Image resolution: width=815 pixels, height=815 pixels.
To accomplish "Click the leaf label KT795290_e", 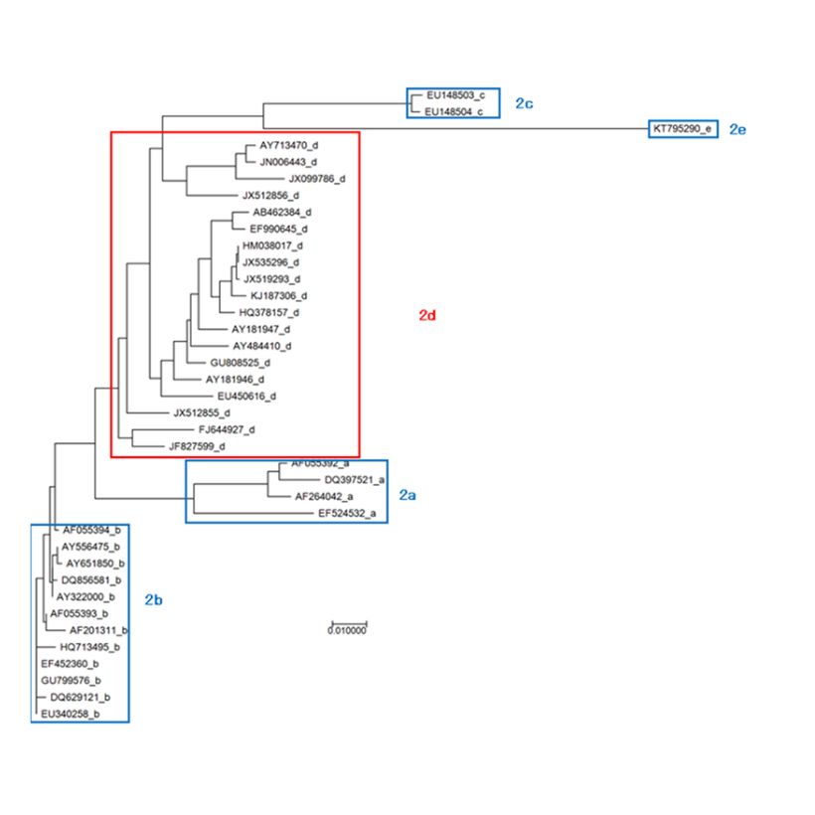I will click(x=681, y=129).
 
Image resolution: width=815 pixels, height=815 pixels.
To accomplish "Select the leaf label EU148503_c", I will click(x=455, y=95).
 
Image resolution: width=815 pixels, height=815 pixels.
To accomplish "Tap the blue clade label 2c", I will click(x=525, y=103).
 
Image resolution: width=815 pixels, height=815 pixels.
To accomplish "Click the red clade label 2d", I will click(x=427, y=315).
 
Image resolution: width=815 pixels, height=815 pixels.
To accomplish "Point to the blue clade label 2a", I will click(x=407, y=495).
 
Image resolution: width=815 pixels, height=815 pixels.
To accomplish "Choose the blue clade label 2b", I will click(x=153, y=599).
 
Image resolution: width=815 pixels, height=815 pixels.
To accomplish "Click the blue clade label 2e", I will click(x=737, y=129).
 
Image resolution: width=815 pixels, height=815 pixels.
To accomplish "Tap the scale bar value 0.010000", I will click(x=348, y=630).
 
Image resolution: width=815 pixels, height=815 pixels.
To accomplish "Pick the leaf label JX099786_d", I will click(x=310, y=179).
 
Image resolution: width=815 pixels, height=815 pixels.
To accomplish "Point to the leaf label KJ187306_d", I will click(x=279, y=296).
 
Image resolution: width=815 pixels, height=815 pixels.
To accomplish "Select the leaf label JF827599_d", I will click(x=197, y=447).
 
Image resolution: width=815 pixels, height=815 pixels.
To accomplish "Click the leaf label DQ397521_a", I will click(x=326, y=480).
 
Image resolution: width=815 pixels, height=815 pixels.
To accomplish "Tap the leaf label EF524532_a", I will click(x=347, y=514).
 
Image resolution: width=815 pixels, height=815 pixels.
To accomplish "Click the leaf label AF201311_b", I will click(x=98, y=630).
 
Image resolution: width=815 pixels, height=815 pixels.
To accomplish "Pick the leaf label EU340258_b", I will click(x=70, y=714).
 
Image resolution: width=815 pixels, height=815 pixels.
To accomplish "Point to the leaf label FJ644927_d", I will click(x=227, y=429).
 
